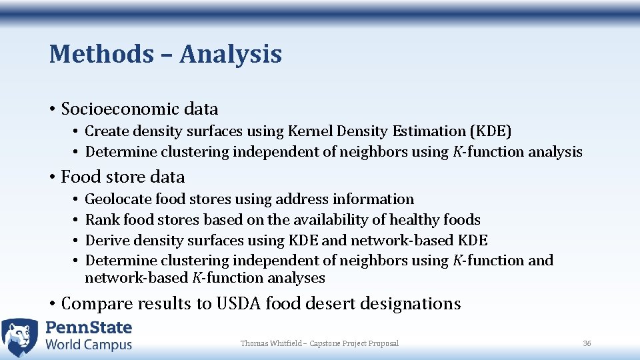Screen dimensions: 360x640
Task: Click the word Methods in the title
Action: (x=101, y=54)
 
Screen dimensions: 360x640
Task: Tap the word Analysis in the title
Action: (x=231, y=55)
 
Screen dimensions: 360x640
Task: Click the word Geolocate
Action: (x=118, y=199)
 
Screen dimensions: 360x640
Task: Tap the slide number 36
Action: (x=587, y=343)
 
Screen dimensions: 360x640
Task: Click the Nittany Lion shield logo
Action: (x=19, y=337)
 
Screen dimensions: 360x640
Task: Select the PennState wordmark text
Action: (x=89, y=328)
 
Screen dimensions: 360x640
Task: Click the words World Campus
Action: (x=89, y=345)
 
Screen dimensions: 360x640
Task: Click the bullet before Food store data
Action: (x=53, y=177)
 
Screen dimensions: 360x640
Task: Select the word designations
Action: (x=410, y=304)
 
